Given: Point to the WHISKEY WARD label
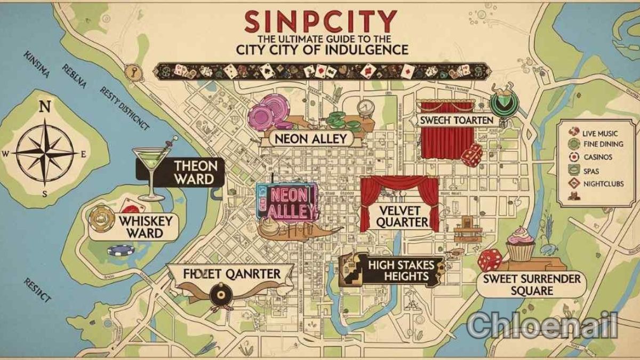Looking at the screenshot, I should click(141, 227).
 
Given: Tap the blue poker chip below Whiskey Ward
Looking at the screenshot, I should click(120, 250).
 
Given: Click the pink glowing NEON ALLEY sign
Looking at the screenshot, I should click(288, 203).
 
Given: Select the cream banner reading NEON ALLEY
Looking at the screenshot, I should click(310, 139).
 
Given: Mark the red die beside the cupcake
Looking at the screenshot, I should click(489, 260).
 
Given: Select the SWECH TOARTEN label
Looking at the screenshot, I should click(457, 121).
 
